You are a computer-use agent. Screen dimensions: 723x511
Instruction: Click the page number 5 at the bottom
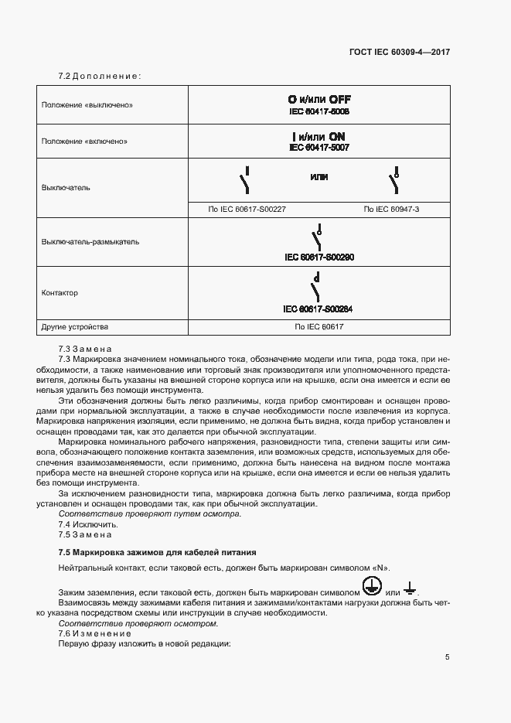tap(447, 657)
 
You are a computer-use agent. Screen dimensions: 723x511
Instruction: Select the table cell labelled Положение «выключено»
tap(87, 104)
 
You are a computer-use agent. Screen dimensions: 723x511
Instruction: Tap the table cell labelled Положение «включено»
tap(84, 142)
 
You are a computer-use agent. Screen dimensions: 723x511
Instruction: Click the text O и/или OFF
tap(319, 100)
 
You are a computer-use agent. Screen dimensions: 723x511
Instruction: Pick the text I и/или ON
tap(319, 135)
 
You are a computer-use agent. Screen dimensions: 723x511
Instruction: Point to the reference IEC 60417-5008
tap(319, 111)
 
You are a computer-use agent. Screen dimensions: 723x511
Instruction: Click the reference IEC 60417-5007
tap(319, 147)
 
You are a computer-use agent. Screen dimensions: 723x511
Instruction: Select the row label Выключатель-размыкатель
tap(90, 241)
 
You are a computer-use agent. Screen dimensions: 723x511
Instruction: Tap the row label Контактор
tap(60, 293)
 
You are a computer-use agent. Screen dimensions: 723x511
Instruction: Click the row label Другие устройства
tap(75, 327)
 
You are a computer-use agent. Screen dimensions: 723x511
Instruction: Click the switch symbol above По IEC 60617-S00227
tap(245, 180)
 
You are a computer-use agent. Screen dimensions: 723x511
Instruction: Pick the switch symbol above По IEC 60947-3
tap(395, 180)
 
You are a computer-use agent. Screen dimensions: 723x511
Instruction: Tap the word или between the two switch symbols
tap(319, 177)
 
